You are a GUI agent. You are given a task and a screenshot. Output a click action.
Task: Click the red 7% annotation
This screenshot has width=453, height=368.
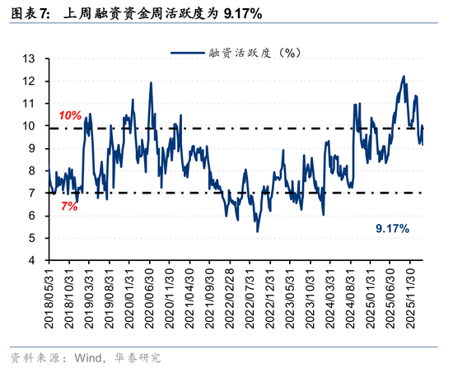pyautogui.click(x=69, y=206)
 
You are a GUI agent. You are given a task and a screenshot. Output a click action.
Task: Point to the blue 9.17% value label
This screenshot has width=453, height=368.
pyautogui.click(x=392, y=227)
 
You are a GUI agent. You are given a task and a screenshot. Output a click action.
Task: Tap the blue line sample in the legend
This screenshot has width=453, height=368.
pyautogui.click(x=189, y=53)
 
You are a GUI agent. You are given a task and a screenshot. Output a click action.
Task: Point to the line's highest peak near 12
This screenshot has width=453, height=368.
pyautogui.click(x=404, y=77)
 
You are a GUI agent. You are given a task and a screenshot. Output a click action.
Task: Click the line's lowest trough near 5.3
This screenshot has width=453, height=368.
pyautogui.click(x=258, y=231)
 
